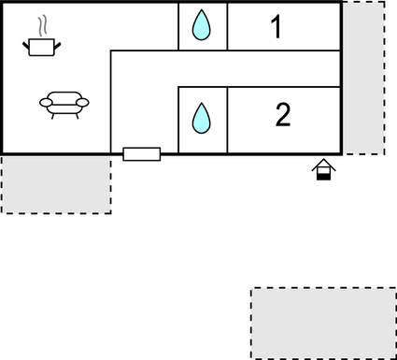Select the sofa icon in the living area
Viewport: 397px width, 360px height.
click(x=64, y=103)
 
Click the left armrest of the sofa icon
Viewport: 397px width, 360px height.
click(x=46, y=102)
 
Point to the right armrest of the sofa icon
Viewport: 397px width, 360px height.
click(x=83, y=102)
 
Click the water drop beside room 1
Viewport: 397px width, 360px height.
click(x=202, y=25)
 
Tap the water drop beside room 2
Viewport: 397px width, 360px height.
click(x=202, y=118)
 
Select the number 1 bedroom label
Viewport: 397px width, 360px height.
click(x=276, y=27)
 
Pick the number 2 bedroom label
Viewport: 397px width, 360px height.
click(x=283, y=115)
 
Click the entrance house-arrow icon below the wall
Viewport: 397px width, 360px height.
click(x=323, y=168)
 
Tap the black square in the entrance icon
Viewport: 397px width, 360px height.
click(x=323, y=175)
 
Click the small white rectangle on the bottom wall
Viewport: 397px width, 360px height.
click(x=141, y=153)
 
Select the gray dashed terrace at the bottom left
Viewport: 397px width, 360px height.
click(x=56, y=184)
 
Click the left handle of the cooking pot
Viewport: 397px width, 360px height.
click(x=26, y=41)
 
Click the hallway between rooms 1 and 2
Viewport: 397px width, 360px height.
click(x=224, y=69)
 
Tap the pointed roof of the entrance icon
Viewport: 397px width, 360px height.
click(x=323, y=163)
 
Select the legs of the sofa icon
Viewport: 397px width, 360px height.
click(x=64, y=114)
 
